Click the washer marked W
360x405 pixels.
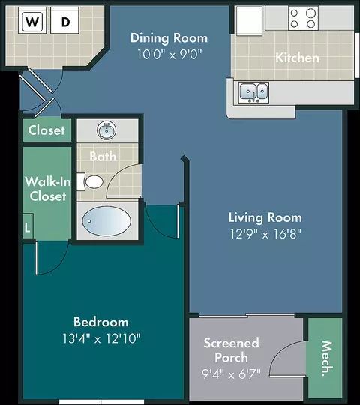[32, 20]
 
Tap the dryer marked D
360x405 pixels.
[64, 20]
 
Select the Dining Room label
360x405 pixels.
[169, 38]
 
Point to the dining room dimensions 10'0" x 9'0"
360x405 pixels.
[169, 54]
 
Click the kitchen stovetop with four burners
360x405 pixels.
[303, 18]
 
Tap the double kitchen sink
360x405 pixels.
[253, 92]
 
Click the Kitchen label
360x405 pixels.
[297, 57]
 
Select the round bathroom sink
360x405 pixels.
[106, 130]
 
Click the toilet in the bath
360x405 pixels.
[90, 181]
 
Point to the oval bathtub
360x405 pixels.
[106, 221]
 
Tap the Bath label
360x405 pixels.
[103, 157]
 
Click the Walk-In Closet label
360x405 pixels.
[48, 189]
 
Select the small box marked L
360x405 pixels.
[28, 226]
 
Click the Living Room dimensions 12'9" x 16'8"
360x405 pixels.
[265, 234]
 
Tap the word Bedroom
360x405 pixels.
[101, 322]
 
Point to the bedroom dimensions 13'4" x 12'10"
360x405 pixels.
[101, 338]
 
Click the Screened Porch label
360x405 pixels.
[232, 350]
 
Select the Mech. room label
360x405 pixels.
[326, 358]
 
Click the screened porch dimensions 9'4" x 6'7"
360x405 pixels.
[232, 373]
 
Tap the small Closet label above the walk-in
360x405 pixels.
[46, 130]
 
